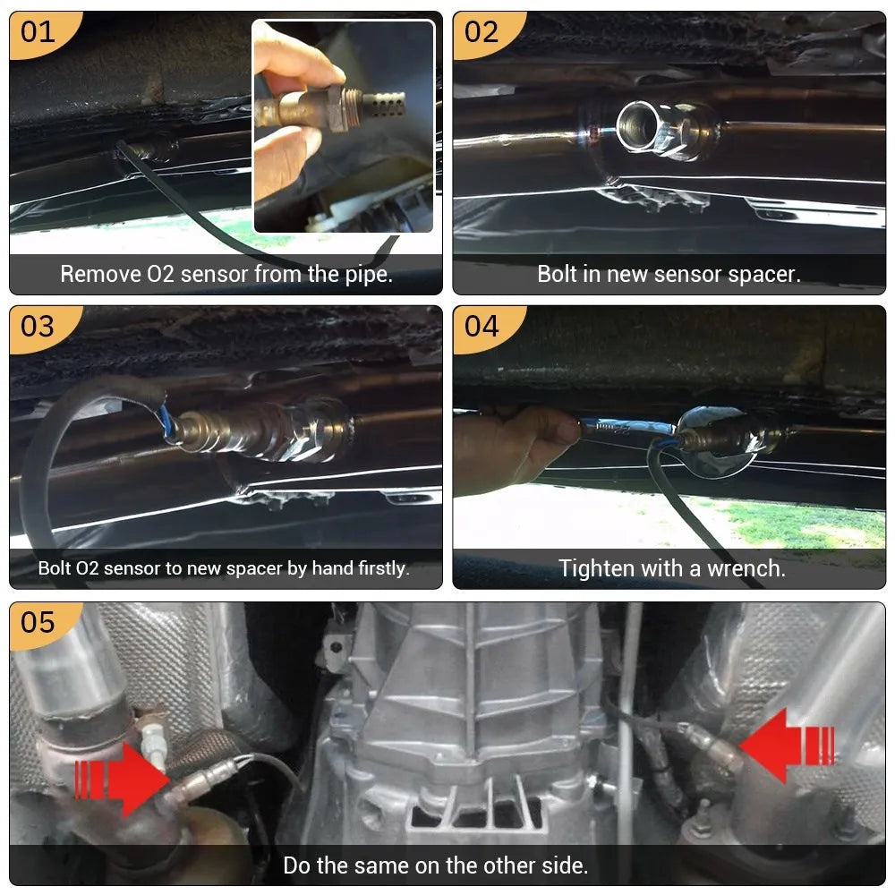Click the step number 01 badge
[38, 32]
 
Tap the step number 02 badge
[482, 32]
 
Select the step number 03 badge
[38, 326]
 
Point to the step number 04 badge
[482, 326]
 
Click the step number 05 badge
[38, 621]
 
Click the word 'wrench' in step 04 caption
[746, 568]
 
